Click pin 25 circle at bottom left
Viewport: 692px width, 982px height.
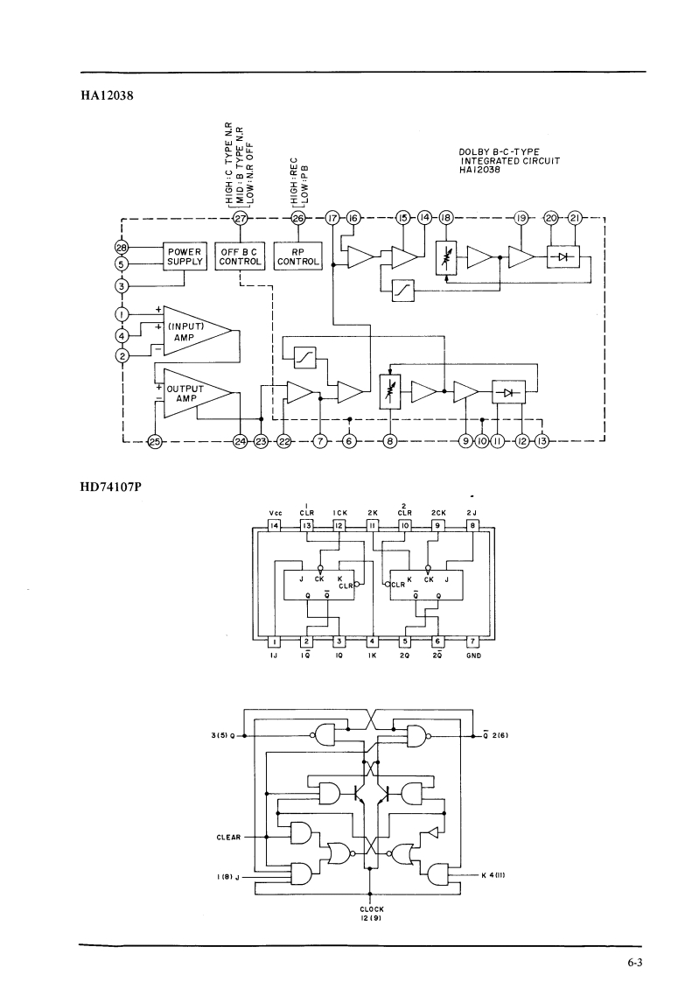pos(155,441)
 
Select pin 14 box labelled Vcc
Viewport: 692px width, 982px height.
pos(275,526)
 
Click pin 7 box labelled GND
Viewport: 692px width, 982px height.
pos(472,641)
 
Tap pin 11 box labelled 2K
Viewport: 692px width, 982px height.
pos(372,526)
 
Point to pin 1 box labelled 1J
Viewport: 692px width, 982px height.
pos(275,641)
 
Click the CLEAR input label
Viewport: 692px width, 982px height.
pos(228,837)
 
